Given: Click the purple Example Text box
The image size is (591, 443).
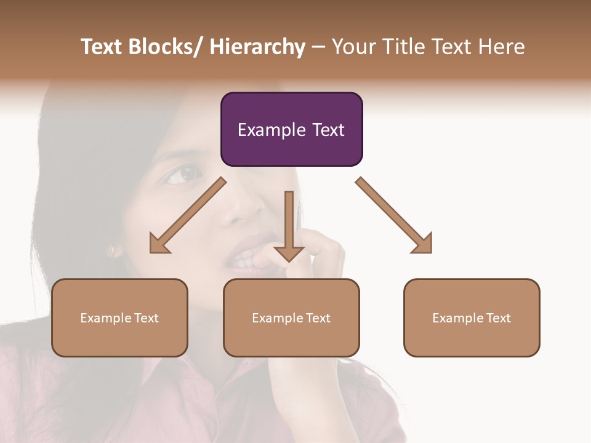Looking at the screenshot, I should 291,129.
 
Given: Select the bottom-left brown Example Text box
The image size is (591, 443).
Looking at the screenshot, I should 119,317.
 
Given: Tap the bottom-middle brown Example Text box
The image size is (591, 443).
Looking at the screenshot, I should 291,317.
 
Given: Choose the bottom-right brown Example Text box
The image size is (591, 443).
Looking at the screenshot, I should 472,317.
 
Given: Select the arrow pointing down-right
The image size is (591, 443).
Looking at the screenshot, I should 395,216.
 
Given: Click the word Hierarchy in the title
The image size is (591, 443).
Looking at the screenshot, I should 257,47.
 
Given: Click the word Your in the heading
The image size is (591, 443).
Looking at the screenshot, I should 353,47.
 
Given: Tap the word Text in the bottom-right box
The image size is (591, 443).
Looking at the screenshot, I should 498,317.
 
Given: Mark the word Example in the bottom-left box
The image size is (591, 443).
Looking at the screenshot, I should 106,318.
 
